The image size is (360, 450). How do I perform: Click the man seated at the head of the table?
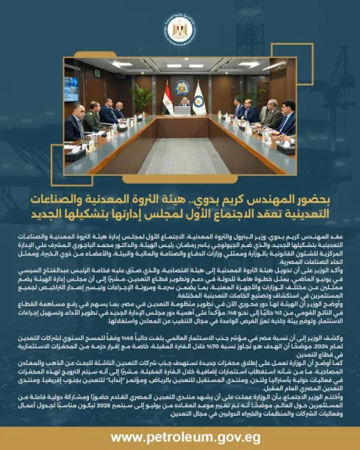pyautogui.click(x=182, y=104)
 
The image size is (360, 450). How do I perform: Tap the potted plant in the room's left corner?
pyautogui.click(x=141, y=98)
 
